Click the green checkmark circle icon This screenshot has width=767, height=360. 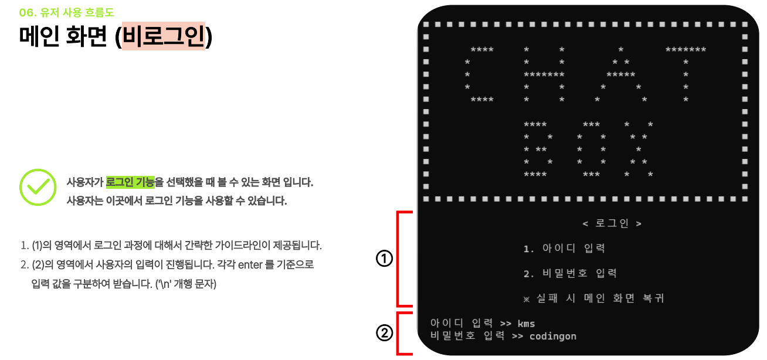pos(38,188)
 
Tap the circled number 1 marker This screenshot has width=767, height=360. pos(384,259)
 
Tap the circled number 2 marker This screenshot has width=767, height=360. pos(384,333)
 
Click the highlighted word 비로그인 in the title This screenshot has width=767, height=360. pos(164,36)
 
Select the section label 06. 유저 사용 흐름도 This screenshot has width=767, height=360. pos(66,12)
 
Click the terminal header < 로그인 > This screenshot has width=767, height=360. pos(612,223)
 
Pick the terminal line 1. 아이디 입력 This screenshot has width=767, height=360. pos(564,249)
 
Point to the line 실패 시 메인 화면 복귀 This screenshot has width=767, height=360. pos(593,298)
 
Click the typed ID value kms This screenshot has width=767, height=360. pos(527,324)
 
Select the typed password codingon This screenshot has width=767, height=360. pos(552,336)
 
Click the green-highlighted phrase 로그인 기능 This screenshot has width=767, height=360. pos(130,182)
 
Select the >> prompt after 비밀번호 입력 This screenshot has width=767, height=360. pos(517,336)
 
